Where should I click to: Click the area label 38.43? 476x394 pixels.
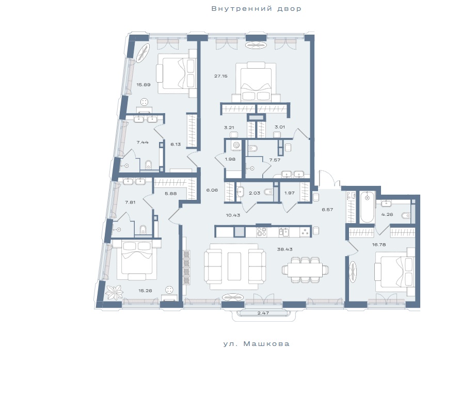pyautogui.click(x=284, y=249)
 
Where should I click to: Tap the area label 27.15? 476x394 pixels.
pyautogui.click(x=220, y=76)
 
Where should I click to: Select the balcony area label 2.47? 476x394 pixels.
pyautogui.click(x=263, y=312)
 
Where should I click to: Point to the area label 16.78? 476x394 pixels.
pyautogui.click(x=379, y=244)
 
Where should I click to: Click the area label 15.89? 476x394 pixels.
pyautogui.click(x=144, y=85)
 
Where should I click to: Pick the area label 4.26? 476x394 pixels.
pyautogui.click(x=387, y=214)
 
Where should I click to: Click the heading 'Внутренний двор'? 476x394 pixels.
pyautogui.click(x=256, y=8)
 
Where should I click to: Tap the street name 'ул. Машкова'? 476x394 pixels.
pyautogui.click(x=257, y=344)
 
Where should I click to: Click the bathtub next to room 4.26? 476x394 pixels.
pyautogui.click(x=367, y=207)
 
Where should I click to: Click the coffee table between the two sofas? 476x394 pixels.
pyautogui.click(x=234, y=266)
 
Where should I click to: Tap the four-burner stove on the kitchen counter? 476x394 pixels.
pyautogui.click(x=262, y=232)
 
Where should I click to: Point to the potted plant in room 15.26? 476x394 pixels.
pyautogui.click(x=114, y=293)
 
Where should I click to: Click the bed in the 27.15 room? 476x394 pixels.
pyautogui.click(x=256, y=82)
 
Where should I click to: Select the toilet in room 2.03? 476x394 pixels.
pyautogui.click(x=269, y=193)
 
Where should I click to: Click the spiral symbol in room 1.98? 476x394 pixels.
pyautogui.click(x=236, y=146)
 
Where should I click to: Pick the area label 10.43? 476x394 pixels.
pyautogui.click(x=233, y=215)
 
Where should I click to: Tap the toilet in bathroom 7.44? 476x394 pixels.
pyautogui.click(x=148, y=165)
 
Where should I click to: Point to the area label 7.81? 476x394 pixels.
pyautogui.click(x=130, y=202)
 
